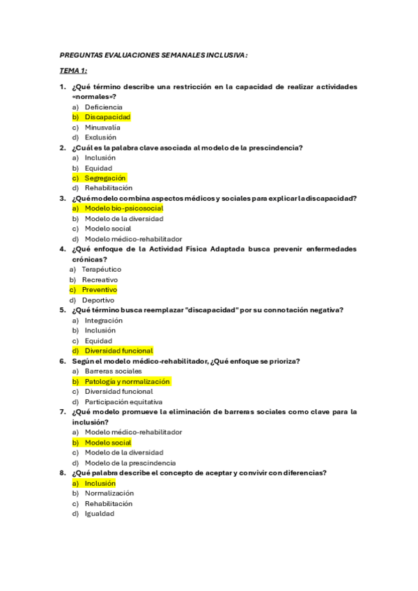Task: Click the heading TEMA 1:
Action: (x=73, y=70)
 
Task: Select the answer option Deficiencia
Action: (x=103, y=107)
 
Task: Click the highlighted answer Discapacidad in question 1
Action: (x=107, y=117)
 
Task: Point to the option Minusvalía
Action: (x=102, y=128)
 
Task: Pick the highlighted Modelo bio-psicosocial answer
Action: (x=123, y=208)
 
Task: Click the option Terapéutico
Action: (x=101, y=269)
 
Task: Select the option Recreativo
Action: (x=100, y=279)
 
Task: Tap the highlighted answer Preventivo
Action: (x=99, y=290)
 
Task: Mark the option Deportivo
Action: (x=98, y=300)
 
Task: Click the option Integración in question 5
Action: (x=104, y=321)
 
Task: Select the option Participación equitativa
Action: (x=123, y=402)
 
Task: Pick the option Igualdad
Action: (x=100, y=514)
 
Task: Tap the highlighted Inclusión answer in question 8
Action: (x=100, y=483)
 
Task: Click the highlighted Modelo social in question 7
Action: (x=107, y=443)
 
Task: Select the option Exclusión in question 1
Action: (x=100, y=137)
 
